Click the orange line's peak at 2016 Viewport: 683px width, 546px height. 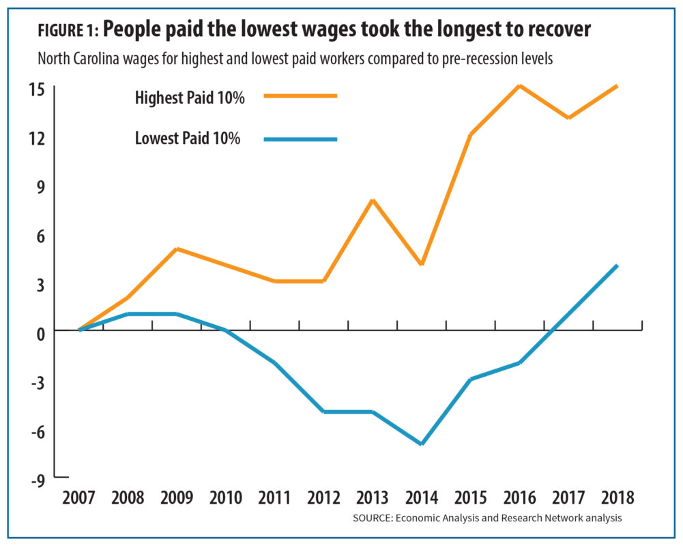coord(520,86)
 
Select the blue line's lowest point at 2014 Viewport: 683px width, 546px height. coord(422,444)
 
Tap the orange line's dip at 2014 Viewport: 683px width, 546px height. coord(422,263)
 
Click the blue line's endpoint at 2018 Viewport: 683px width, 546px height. coord(617,265)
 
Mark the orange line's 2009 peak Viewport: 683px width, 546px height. coord(177,249)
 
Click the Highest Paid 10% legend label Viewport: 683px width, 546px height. coord(190,98)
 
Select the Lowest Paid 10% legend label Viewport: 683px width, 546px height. coord(188,139)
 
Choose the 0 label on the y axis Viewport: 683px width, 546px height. coord(59,332)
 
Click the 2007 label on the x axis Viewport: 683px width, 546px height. coord(79,497)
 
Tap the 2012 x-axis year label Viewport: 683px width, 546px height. coord(323,497)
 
